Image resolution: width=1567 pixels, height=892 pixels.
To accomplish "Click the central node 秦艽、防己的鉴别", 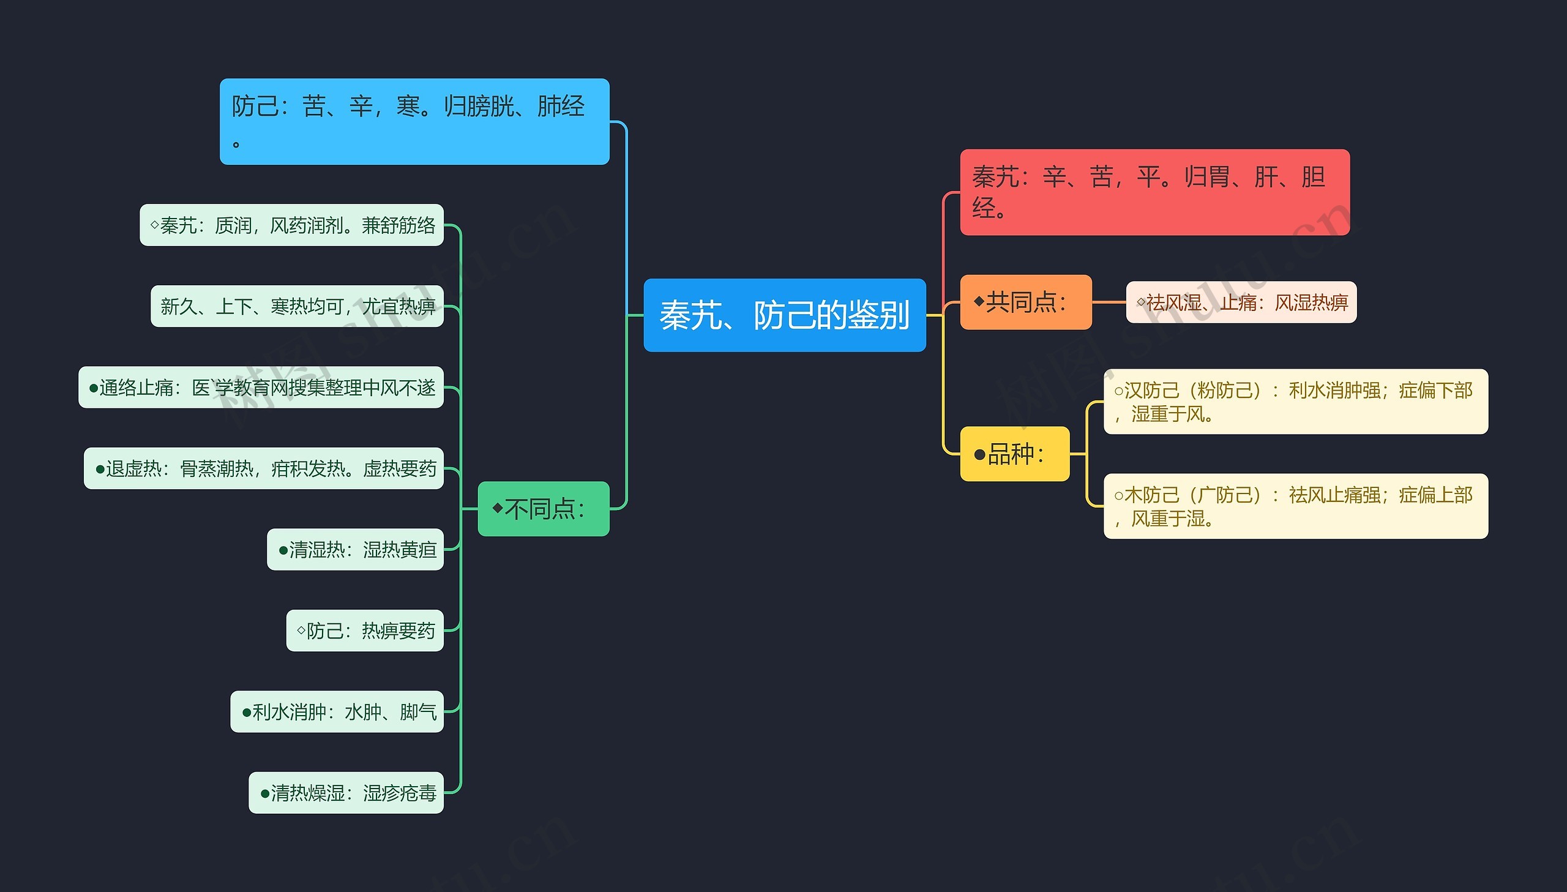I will [784, 315].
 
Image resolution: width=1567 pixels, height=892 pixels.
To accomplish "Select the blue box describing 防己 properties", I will [414, 121].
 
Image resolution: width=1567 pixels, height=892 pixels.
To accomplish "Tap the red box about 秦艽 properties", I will [1154, 192].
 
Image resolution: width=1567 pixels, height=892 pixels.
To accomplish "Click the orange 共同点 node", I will [1025, 302].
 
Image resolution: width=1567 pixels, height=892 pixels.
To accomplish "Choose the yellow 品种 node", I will [1014, 454].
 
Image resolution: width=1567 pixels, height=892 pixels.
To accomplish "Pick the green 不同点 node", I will [543, 509].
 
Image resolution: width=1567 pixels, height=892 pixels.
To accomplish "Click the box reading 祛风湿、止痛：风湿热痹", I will [1241, 302].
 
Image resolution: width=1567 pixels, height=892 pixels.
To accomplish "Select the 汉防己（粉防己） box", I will [1295, 401].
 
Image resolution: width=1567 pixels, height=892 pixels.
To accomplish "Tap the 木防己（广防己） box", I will [1295, 506].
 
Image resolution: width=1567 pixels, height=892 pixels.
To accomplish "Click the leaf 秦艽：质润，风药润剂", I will [291, 225].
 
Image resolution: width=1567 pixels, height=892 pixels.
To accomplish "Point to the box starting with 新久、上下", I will [297, 305].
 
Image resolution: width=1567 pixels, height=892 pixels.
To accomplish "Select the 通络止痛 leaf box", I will [261, 387].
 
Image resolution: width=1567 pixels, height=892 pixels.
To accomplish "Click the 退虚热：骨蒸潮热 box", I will [263, 468].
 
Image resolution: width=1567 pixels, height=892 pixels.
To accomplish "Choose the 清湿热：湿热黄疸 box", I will [355, 549].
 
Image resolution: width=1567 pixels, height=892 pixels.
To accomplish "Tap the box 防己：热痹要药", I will [365, 630].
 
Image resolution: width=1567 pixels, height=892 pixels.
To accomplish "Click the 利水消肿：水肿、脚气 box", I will [337, 711].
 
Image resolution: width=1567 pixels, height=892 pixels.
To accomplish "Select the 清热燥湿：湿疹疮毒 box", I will [346, 792].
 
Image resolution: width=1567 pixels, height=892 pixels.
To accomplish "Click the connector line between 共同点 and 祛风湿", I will [1109, 302].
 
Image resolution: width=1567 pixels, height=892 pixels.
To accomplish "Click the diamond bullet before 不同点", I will [497, 508].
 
